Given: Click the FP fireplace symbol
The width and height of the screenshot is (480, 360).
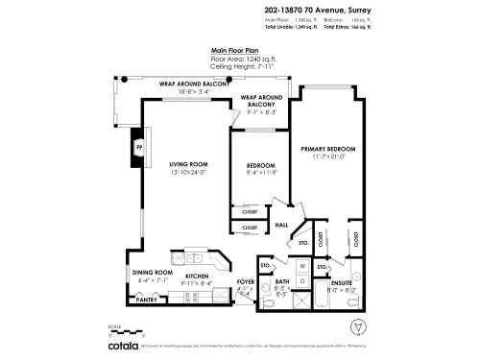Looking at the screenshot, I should click(x=139, y=148).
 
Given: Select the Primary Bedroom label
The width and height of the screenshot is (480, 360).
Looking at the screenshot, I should click(x=328, y=151).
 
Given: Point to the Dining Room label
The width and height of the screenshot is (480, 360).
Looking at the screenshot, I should click(x=151, y=272).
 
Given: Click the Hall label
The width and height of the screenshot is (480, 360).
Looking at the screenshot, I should click(x=282, y=225).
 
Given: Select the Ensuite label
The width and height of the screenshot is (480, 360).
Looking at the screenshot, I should click(x=343, y=282).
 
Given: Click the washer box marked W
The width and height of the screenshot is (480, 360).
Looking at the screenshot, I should click(x=301, y=266).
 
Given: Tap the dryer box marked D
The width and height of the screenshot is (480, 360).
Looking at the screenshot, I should click(x=301, y=280).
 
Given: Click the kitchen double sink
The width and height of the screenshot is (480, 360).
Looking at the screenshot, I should click(x=195, y=257).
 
